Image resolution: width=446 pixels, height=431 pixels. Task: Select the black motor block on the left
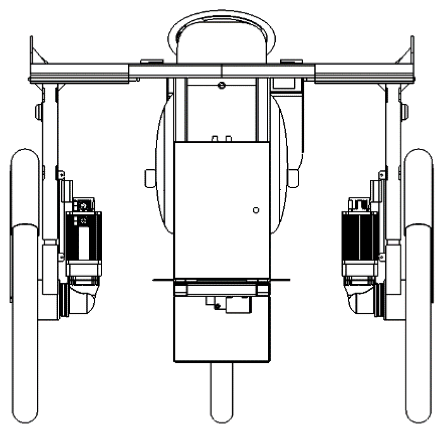84,236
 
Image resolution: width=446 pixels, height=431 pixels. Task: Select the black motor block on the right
360,236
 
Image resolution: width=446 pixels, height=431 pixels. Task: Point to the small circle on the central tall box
256,210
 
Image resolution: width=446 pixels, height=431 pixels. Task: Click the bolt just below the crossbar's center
222,86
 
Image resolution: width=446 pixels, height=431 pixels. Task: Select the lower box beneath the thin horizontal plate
222,338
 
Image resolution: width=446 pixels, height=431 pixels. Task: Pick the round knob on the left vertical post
38,112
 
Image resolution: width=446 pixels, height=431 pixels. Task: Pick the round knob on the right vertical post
405,112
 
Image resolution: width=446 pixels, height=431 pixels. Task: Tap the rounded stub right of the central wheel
293,178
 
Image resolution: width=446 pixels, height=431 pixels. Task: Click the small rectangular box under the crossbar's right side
284,83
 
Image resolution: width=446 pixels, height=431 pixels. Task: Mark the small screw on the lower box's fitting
217,306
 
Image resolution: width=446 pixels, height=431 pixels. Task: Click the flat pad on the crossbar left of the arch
152,62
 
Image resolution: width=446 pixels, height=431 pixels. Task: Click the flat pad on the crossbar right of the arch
291,62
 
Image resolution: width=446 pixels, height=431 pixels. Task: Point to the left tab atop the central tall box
215,138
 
